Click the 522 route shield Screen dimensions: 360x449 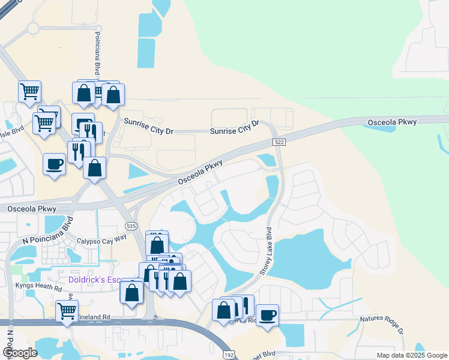click(x=281, y=142)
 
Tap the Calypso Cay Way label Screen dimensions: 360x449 click(x=101, y=239)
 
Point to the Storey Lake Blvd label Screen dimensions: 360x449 click(x=266, y=251)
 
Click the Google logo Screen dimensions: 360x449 click(x=19, y=353)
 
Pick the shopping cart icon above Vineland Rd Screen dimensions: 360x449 click(x=67, y=311)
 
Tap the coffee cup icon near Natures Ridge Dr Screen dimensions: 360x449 click(x=267, y=314)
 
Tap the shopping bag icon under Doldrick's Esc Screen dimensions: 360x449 click(x=131, y=292)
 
